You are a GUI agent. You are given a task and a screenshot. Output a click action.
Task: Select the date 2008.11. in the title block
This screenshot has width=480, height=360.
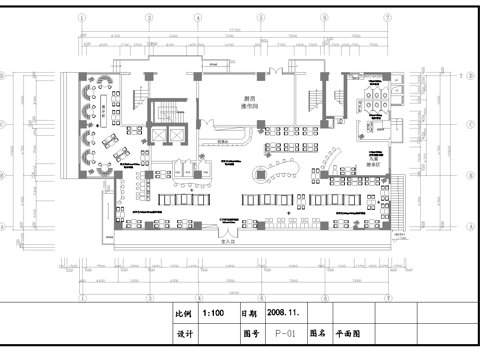tap(284, 312)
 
